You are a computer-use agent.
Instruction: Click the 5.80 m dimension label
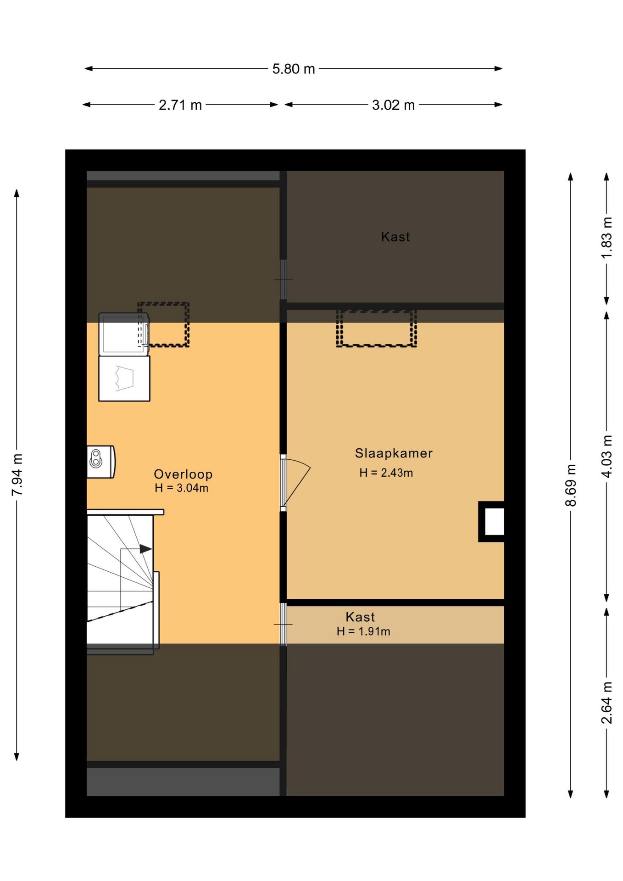[294, 69]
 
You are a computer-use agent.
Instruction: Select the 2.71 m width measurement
[180, 105]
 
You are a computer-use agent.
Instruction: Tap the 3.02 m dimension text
[393, 105]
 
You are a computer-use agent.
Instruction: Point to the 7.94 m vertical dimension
[17, 474]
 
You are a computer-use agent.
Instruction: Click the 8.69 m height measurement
[570, 485]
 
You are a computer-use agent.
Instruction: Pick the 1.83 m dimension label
[606, 237]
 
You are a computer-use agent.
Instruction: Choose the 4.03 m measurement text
[606, 457]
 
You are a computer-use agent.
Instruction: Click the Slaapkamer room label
[394, 453]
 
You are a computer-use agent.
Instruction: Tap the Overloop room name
[183, 474]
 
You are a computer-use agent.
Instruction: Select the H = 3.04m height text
[182, 488]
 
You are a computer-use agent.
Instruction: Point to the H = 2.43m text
[386, 473]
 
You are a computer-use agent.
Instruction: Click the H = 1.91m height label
[363, 631]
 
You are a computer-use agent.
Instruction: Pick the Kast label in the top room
[395, 237]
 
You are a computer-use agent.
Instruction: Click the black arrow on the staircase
[146, 549]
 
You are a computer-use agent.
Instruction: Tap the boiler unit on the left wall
[101, 462]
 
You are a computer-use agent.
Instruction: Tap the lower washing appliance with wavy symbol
[124, 378]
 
